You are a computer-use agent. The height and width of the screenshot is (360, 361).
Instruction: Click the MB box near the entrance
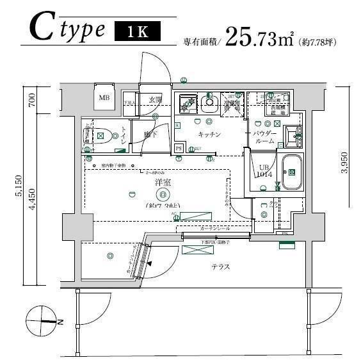[x=104, y=98]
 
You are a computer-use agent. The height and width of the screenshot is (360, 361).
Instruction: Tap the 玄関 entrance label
[x=156, y=99]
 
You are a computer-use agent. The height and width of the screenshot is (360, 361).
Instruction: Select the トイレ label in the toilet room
[x=123, y=135]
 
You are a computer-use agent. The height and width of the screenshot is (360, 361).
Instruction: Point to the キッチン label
[x=209, y=135]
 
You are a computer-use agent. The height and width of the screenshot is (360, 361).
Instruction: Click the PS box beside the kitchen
[x=179, y=148]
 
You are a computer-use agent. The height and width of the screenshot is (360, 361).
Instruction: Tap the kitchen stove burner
[x=189, y=102]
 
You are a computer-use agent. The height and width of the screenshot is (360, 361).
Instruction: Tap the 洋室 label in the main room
[x=163, y=183]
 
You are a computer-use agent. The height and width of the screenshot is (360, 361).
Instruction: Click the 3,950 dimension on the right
[x=344, y=162]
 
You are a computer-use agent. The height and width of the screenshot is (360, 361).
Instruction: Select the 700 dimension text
[x=31, y=99]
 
